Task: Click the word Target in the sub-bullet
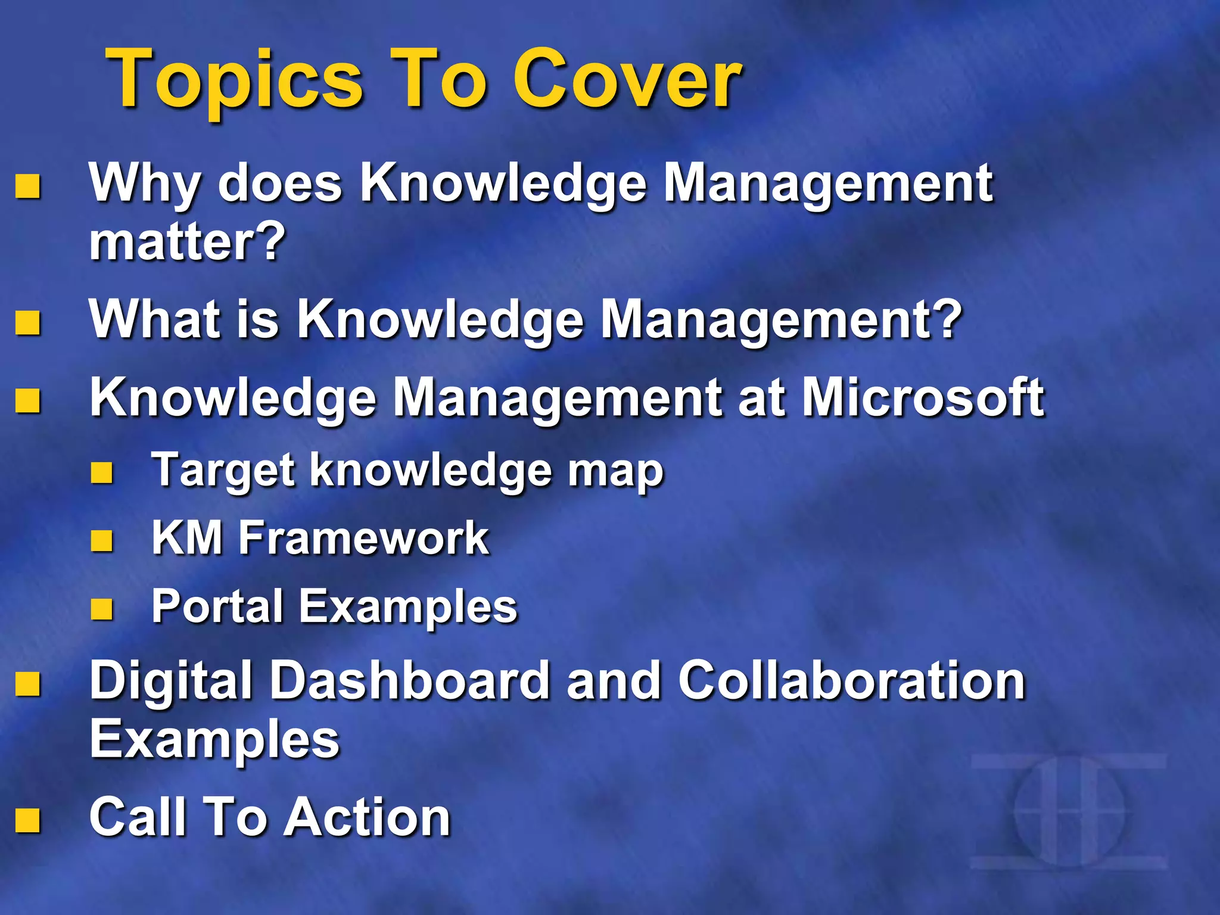pos(223,470)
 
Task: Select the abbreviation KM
pos(187,538)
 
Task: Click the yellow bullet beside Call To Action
pos(28,820)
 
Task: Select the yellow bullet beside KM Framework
pos(102,541)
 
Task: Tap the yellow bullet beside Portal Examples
pos(102,609)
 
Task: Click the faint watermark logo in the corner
pos(1069,811)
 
